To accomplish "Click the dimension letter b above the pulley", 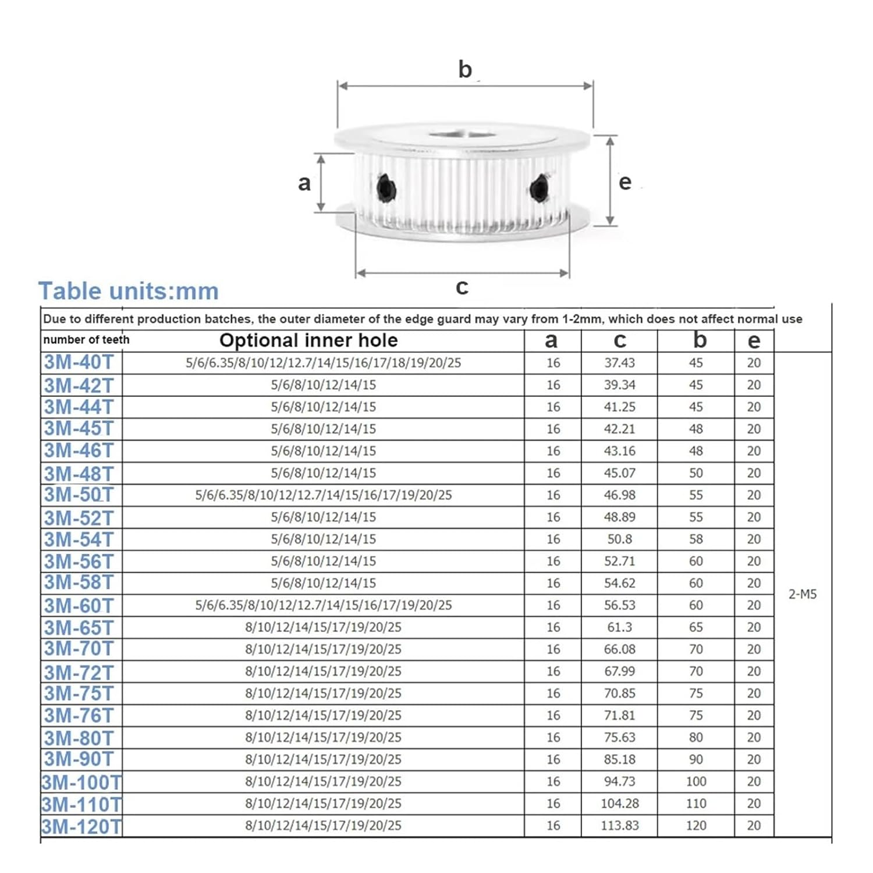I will (464, 69).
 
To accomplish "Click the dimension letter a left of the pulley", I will (304, 183).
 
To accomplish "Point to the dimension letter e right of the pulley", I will (624, 182).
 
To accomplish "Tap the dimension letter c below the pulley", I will (462, 286).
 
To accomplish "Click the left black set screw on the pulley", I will (386, 189).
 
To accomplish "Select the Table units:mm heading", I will (128, 291).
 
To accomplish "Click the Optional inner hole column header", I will (308, 340).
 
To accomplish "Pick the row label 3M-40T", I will (79, 362).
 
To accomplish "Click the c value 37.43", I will (619, 363).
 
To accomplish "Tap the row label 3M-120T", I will (81, 826).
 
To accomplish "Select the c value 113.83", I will (619, 825).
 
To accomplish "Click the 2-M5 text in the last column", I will (802, 594).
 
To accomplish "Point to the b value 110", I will (695, 803).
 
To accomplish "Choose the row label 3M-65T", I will (79, 627).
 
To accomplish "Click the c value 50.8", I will (619, 539).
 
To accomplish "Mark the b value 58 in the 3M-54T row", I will (695, 539).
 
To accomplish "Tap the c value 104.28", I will (619, 803).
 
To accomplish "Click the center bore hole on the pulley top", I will (463, 136).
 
